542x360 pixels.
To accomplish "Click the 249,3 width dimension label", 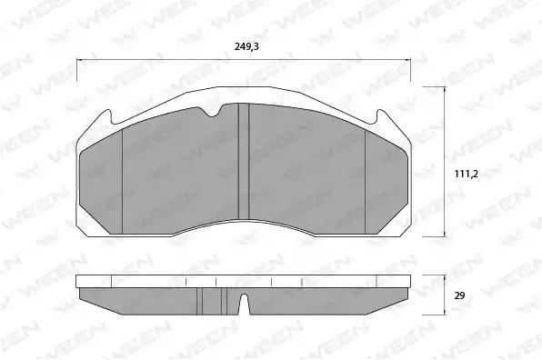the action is (x=246, y=46).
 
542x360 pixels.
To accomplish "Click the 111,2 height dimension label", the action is (x=466, y=175).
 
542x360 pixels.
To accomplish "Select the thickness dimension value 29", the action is (x=460, y=295).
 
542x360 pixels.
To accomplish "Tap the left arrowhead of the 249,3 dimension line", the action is (x=80, y=61).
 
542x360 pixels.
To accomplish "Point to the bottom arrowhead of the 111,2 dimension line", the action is (x=445, y=234).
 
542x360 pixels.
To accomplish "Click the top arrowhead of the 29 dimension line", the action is (x=445, y=278).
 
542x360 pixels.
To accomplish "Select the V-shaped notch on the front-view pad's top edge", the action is (x=212, y=111).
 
